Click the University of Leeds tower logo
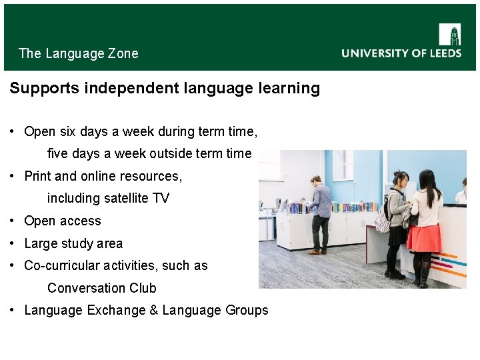point(449,34)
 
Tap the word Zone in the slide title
point(123,53)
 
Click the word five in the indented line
point(58,154)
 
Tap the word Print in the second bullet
point(37,176)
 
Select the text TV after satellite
point(161,199)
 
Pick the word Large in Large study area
point(39,243)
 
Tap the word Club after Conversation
point(143,288)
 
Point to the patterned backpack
point(383,219)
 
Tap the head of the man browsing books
point(316,181)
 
